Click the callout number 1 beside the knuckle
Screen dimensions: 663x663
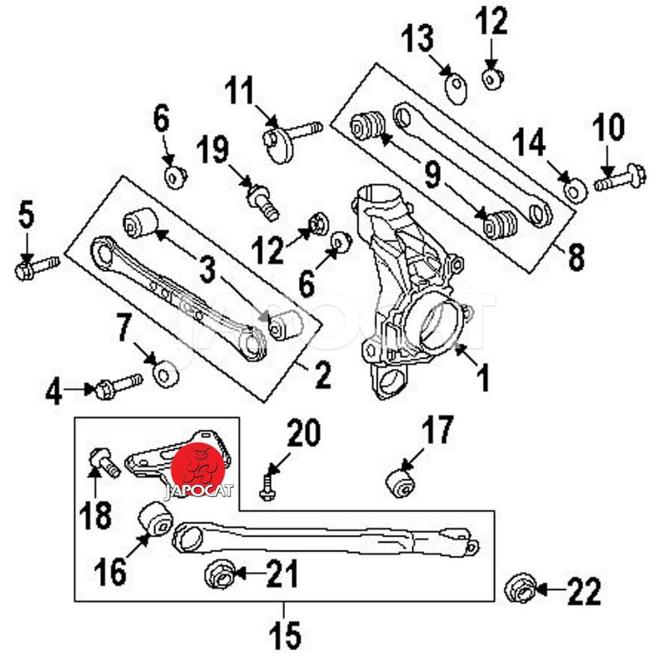click(x=482, y=378)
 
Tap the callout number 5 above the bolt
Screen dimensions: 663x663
click(x=27, y=217)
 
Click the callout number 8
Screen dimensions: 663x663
click(x=573, y=258)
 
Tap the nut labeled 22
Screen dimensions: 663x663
click(x=520, y=589)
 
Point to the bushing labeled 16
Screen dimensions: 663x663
click(x=154, y=519)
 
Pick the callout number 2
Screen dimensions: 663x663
click(x=320, y=376)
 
